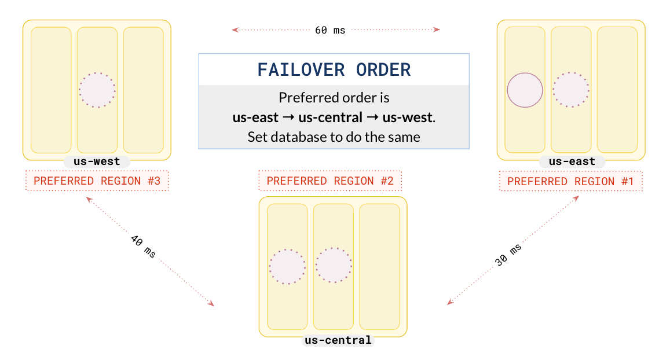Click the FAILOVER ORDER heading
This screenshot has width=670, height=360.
(x=334, y=70)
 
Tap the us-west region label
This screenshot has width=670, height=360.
(x=97, y=161)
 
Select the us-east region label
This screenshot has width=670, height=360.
(x=572, y=161)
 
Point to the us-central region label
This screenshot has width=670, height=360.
(x=338, y=340)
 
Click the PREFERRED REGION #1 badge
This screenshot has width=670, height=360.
(x=570, y=182)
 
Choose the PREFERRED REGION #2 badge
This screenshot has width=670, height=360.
(x=330, y=181)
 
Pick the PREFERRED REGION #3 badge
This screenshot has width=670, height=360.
(x=97, y=181)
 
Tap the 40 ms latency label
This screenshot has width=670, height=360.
(x=142, y=247)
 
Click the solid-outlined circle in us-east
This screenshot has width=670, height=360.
(x=525, y=90)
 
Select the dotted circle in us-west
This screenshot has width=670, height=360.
(x=97, y=90)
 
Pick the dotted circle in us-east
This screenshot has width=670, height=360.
(x=571, y=90)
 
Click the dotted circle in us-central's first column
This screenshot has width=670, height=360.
(x=287, y=267)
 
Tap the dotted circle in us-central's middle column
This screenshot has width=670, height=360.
(x=334, y=266)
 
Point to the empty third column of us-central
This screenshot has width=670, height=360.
(x=380, y=266)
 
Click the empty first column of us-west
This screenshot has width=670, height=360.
(x=51, y=90)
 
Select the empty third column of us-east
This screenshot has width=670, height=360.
(x=617, y=90)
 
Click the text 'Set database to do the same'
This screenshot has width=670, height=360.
(x=334, y=138)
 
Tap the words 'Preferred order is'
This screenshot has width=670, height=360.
(x=334, y=97)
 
